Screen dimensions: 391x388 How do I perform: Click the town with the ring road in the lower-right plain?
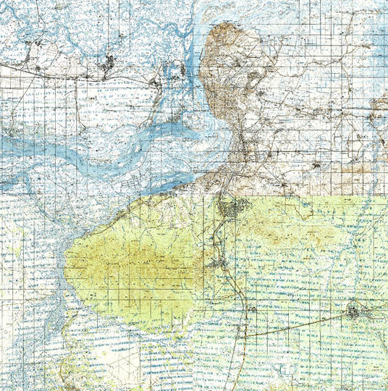(354, 313)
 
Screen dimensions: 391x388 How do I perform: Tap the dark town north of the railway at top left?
(109, 63)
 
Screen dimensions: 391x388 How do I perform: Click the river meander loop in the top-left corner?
(22, 29)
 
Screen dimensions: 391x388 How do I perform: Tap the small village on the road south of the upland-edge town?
(253, 309)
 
